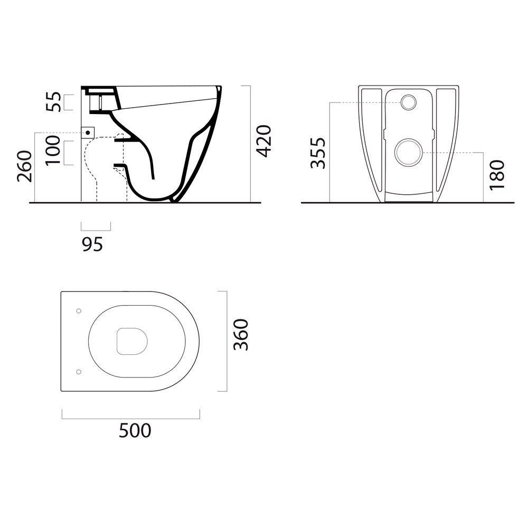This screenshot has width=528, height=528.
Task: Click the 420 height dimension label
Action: pyautogui.click(x=263, y=141)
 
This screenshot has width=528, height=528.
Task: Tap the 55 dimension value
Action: pyautogui.click(x=54, y=102)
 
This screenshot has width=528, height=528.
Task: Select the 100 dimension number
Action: pyautogui.click(x=53, y=150)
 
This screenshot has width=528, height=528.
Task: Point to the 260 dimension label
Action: pyautogui.click(x=25, y=166)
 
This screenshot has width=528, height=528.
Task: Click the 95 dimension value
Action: pyautogui.click(x=92, y=244)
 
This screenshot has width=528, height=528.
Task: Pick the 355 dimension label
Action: pyautogui.click(x=318, y=153)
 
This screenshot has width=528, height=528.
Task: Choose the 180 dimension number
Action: pyautogui.click(x=497, y=175)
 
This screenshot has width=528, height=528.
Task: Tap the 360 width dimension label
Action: pyautogui.click(x=241, y=335)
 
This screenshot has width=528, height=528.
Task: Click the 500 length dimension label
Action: pyautogui.click(x=135, y=430)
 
